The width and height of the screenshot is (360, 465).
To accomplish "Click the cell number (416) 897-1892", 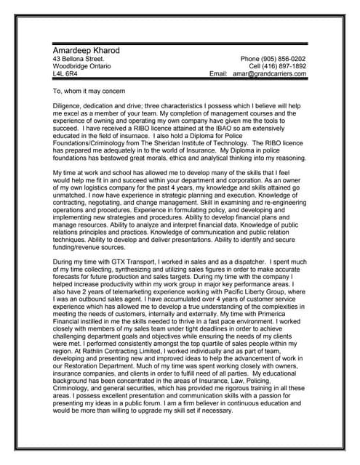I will pyautogui.click(x=283, y=66).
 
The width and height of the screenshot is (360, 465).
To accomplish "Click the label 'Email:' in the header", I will pyautogui.click(x=219, y=74).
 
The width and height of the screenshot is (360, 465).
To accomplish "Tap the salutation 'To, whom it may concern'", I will pyautogui.click(x=89, y=92).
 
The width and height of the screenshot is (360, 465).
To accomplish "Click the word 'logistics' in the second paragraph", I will pyautogui.click(x=103, y=198).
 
